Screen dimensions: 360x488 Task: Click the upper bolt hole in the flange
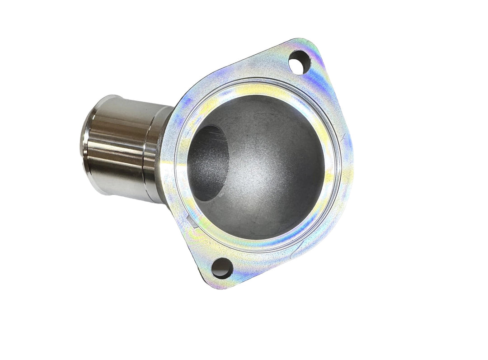(x=300, y=62)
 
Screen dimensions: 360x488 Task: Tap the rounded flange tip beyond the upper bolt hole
(x=312, y=45)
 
